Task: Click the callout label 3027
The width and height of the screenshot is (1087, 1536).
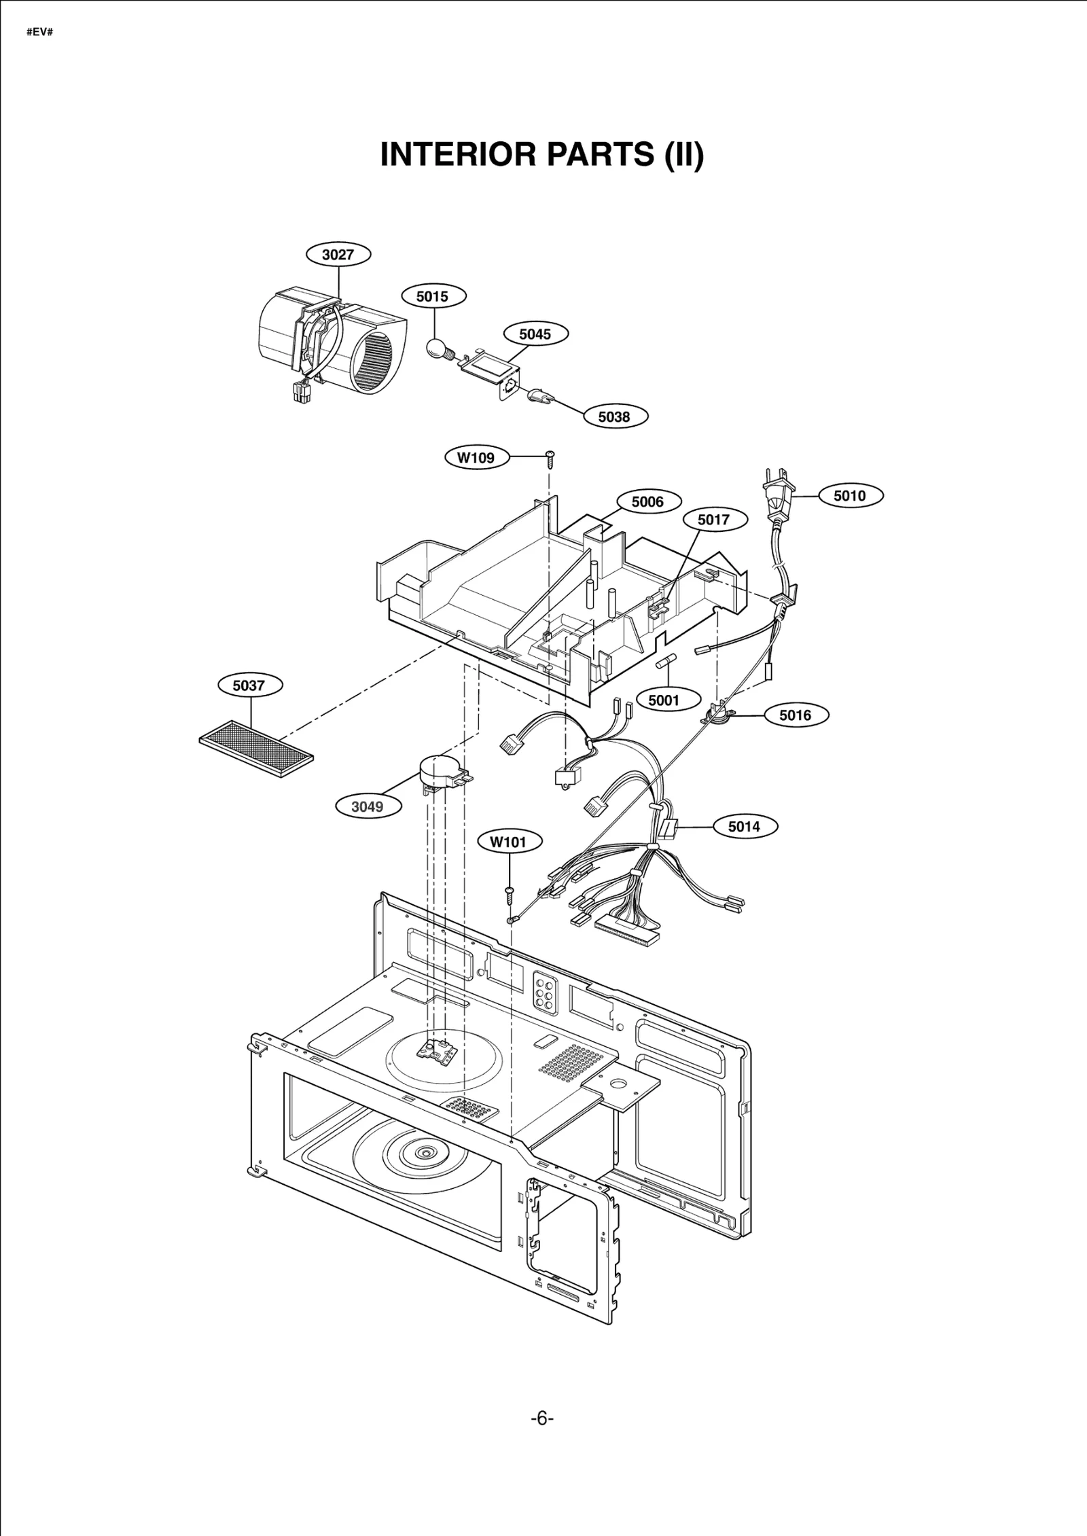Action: [x=338, y=254]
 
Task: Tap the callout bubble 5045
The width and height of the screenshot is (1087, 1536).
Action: [x=535, y=334]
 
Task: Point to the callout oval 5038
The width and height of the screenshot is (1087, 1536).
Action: [x=615, y=416]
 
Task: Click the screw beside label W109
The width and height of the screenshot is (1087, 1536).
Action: [x=550, y=459]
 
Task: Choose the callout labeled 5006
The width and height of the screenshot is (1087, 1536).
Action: [x=647, y=502]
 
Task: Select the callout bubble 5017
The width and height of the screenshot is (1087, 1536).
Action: [x=713, y=520]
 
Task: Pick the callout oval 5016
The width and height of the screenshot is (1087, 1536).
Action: [x=795, y=715]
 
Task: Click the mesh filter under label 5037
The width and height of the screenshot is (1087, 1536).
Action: [x=257, y=748]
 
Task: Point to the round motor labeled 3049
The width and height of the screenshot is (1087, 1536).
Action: [x=438, y=772]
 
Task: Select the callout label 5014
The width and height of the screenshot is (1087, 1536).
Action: [x=743, y=826]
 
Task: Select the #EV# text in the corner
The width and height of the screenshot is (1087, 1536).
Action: [x=39, y=32]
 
